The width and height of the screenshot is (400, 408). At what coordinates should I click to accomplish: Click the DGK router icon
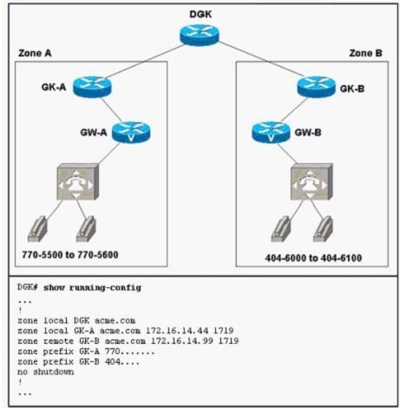tap(200, 35)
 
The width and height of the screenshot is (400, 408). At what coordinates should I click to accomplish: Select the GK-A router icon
tap(92, 87)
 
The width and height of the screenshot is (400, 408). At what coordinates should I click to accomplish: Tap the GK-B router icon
tap(317, 87)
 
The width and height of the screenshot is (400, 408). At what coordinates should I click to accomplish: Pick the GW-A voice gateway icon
tap(131, 132)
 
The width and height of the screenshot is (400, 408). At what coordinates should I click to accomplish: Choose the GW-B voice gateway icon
tap(271, 132)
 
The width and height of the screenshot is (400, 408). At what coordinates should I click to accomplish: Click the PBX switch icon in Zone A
tap(78, 181)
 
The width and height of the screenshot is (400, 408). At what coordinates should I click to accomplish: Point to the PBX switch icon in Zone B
tap(311, 181)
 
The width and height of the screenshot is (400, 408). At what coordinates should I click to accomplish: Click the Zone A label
tap(35, 53)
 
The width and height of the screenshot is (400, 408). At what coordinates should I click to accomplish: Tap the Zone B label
tap(365, 53)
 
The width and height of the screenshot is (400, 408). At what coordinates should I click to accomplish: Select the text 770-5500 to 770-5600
tap(70, 254)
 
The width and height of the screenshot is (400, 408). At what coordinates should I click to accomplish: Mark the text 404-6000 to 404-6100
tap(313, 258)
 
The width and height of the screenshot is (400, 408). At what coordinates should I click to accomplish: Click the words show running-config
tap(92, 287)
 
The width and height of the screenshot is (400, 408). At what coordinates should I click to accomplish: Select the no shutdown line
tap(46, 372)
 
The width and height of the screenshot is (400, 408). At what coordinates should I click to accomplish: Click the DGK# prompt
tap(28, 287)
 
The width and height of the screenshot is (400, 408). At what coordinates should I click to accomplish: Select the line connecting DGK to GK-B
tap(261, 59)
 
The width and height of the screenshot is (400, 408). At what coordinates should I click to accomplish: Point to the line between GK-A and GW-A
tap(111, 109)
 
